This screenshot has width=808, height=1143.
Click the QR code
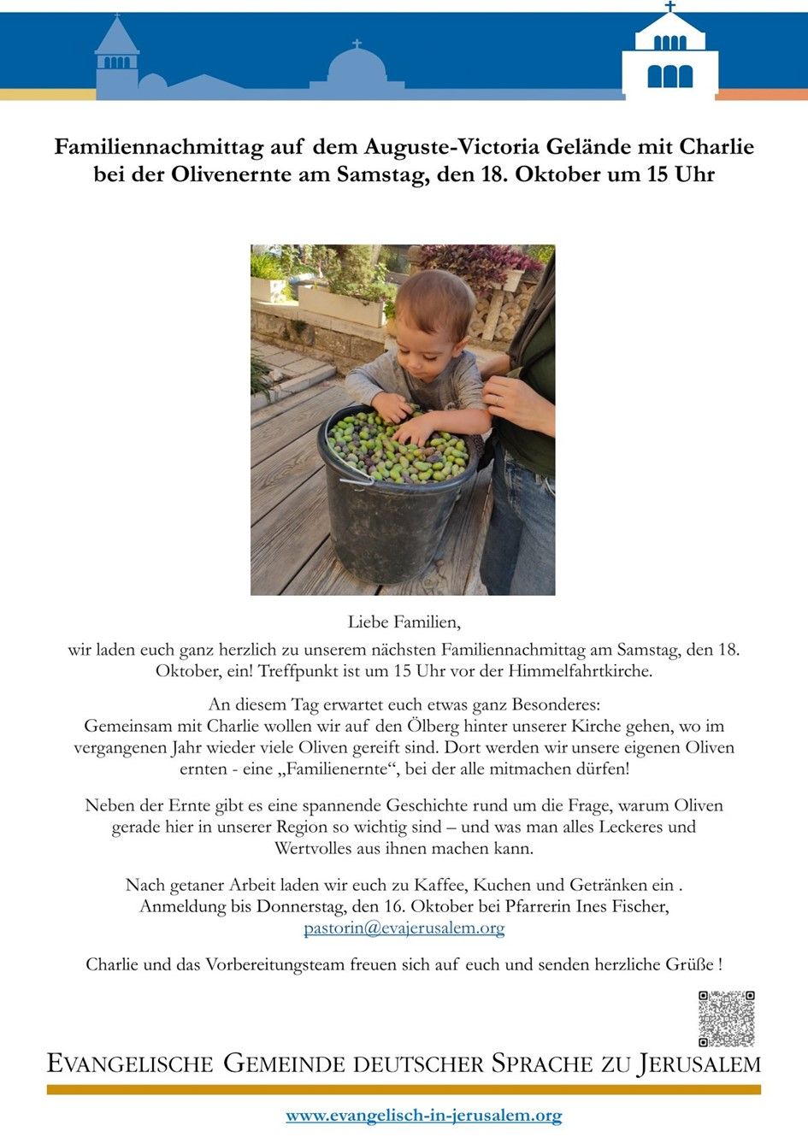(726, 1018)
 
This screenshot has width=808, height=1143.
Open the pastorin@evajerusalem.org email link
(404, 928)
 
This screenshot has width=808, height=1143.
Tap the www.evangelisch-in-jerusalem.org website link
(423, 1116)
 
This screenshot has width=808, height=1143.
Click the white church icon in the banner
(669, 56)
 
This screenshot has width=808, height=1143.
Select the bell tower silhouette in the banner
(116, 56)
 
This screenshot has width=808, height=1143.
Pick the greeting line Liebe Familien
(404, 622)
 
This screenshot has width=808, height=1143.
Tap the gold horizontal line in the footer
(404, 1090)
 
